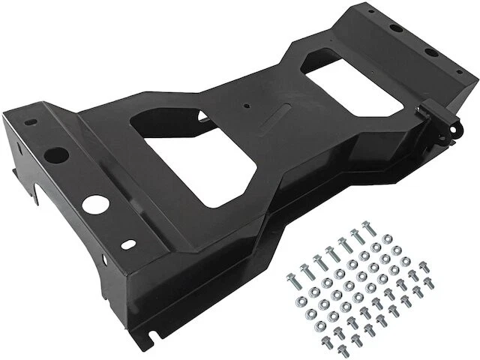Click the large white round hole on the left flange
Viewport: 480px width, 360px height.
tap(94, 202)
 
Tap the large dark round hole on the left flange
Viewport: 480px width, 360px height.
tap(56, 156)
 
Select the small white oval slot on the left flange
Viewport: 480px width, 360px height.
tap(129, 244)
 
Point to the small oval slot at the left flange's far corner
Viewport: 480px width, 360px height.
tap(30, 122)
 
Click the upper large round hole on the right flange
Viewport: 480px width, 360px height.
tap(396, 28)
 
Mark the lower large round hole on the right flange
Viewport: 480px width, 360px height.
tap(433, 52)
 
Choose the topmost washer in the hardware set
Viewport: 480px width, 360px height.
tap(388, 239)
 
